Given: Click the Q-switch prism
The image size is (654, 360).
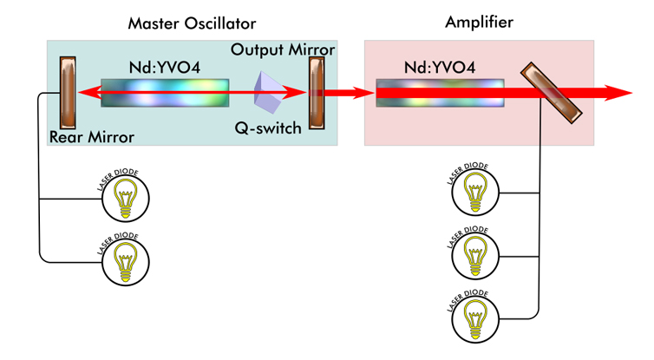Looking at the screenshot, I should [x=271, y=93].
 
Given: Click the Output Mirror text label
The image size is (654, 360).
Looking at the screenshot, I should [x=283, y=49].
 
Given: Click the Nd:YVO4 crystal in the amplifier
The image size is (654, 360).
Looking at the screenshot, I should [x=440, y=93].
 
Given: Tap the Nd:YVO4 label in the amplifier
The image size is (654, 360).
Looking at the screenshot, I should [x=439, y=67].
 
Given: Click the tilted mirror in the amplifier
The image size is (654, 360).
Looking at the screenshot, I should [x=551, y=93].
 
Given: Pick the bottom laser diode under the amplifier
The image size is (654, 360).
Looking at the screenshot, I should [x=475, y=314].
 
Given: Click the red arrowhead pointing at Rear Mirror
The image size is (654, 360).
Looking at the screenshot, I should [x=84, y=93].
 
